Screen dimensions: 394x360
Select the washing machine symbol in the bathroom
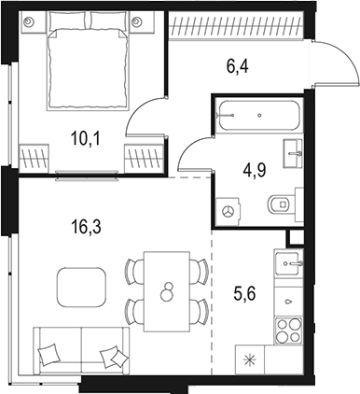228,212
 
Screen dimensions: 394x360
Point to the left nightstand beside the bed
29,21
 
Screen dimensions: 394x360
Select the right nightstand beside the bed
138,21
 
